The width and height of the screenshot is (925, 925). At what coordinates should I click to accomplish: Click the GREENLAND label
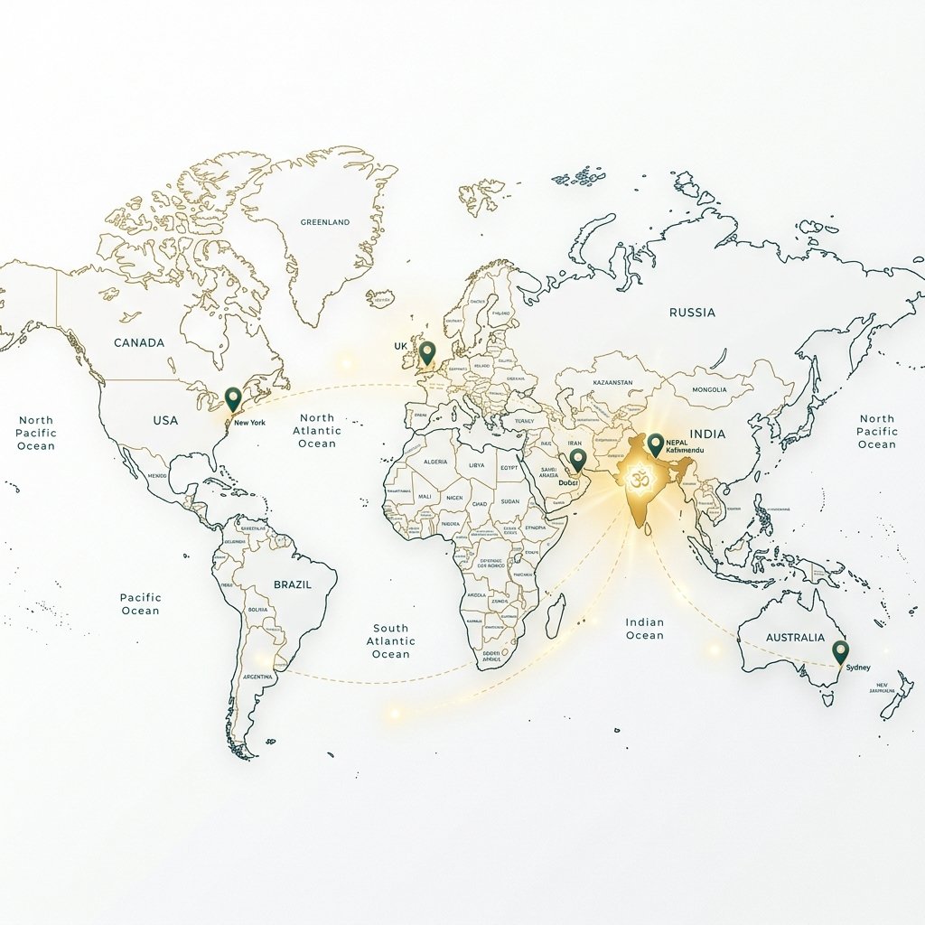pyautogui.click(x=324, y=221)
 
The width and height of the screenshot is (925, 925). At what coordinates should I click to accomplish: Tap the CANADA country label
pyautogui.click(x=139, y=342)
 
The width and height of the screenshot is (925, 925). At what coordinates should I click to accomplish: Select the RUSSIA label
pyautogui.click(x=692, y=313)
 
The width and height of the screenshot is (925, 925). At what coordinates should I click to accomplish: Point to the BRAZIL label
pyautogui.click(x=291, y=584)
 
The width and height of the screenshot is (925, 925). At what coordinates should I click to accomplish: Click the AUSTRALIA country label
pyautogui.click(x=795, y=637)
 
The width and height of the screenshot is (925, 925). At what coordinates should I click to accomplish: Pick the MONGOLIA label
pyautogui.click(x=708, y=389)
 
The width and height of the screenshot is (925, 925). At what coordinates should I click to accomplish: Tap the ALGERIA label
pyautogui.click(x=435, y=462)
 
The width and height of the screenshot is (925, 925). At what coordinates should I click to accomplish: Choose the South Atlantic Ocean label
pyautogui.click(x=391, y=640)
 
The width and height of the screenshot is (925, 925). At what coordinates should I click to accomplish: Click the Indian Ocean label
pyautogui.click(x=645, y=629)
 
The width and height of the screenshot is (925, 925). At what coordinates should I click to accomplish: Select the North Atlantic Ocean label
pyautogui.click(x=317, y=431)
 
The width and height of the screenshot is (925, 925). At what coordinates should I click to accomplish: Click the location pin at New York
pyautogui.click(x=233, y=398)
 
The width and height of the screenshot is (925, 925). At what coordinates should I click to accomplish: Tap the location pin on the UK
pyautogui.click(x=428, y=352)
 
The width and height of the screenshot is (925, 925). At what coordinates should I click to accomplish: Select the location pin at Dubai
pyautogui.click(x=578, y=461)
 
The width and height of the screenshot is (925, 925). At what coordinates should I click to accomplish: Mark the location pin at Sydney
pyautogui.click(x=840, y=650)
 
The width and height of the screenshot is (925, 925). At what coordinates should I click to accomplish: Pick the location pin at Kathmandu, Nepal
pyautogui.click(x=655, y=444)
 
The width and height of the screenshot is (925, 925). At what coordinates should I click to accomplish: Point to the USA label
pyautogui.click(x=165, y=420)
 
